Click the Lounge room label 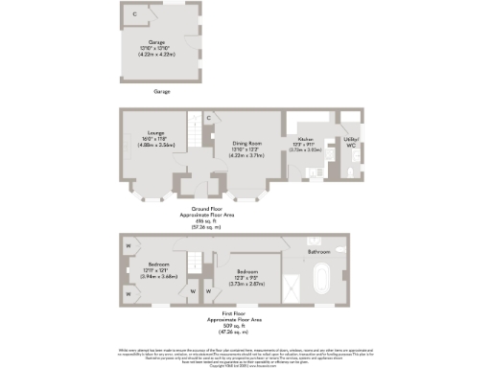point(156,133)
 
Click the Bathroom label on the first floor point(317,251)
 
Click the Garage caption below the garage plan point(161,91)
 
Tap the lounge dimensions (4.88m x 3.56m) point(156,144)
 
